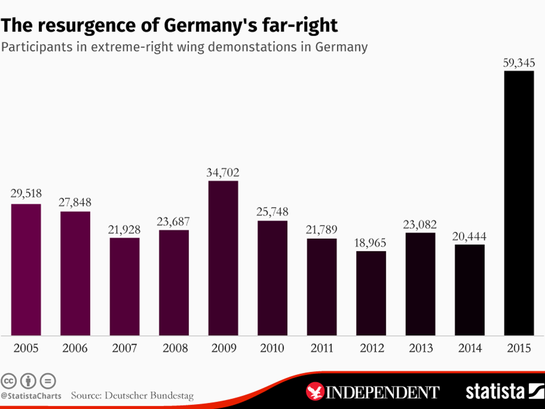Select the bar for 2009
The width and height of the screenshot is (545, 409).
click(x=223, y=258)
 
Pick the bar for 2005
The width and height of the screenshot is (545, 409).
click(x=26, y=270)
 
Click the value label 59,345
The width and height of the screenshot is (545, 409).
click(x=519, y=63)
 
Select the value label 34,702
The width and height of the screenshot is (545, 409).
click(x=223, y=172)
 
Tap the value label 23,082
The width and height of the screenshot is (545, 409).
click(x=421, y=224)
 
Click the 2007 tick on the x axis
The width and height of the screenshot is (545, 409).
click(x=124, y=349)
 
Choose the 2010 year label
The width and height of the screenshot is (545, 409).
click(x=272, y=349)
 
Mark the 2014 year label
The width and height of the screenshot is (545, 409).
click(x=470, y=349)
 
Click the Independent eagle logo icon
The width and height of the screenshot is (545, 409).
click(x=315, y=392)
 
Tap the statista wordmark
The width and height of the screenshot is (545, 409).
click(x=495, y=391)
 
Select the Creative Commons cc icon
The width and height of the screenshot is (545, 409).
click(x=9, y=380)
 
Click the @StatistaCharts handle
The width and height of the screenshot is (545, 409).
click(x=31, y=396)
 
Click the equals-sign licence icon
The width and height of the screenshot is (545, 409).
click(x=48, y=380)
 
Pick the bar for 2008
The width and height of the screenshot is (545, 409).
click(x=174, y=283)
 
